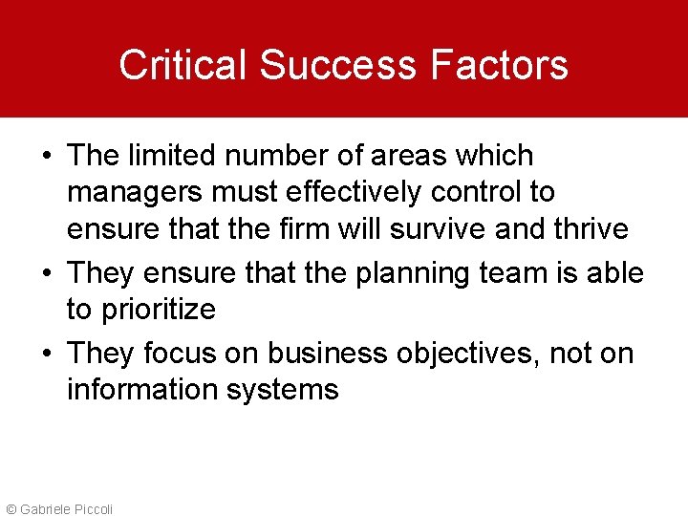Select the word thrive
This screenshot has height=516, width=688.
click(590, 229)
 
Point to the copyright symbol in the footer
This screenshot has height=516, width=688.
click(11, 508)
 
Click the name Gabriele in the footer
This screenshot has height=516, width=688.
click(43, 508)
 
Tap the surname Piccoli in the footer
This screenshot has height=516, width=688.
click(92, 508)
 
